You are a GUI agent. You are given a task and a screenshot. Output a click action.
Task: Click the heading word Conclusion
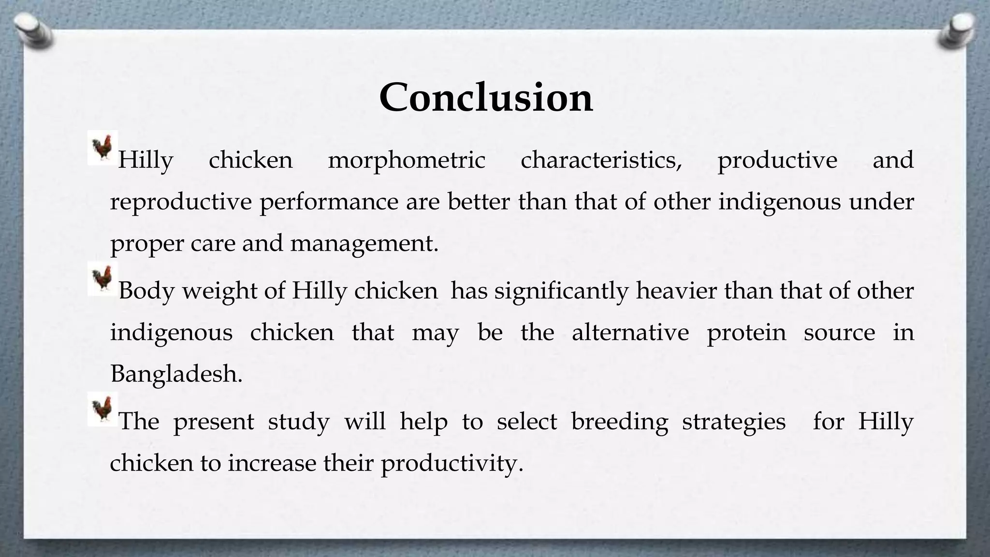(485, 98)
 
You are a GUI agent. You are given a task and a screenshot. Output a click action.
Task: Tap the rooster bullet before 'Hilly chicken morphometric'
(102, 147)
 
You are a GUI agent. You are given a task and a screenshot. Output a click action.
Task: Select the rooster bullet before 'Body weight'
(102, 279)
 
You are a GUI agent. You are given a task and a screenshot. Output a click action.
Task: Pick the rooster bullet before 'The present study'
(102, 409)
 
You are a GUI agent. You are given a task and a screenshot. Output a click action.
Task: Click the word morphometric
(407, 160)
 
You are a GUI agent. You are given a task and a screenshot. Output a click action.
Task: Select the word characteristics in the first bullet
(601, 160)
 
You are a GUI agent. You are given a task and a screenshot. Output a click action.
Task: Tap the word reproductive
(181, 202)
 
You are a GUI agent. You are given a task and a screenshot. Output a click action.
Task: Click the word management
(364, 243)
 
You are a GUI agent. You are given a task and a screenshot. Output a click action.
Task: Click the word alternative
(630, 333)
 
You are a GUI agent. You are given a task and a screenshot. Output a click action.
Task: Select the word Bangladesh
(176, 374)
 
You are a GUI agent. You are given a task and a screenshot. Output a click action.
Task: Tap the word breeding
(619, 422)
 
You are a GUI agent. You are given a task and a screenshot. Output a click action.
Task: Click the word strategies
(733, 422)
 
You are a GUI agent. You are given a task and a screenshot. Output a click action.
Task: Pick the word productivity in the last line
(452, 464)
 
